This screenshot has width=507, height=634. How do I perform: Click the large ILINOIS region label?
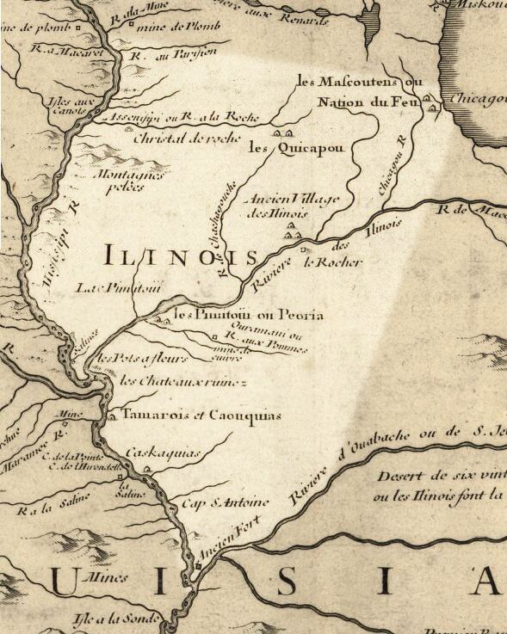181,255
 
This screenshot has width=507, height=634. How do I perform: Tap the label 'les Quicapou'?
296,148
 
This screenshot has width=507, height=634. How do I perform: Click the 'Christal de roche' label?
186,138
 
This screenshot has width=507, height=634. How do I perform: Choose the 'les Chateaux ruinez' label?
183,380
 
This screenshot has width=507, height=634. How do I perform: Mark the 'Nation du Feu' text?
354,102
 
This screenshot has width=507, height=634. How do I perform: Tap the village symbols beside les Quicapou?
282,132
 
